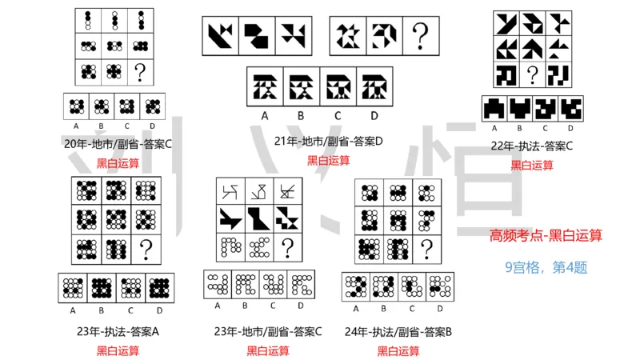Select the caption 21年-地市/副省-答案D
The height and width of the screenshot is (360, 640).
[329, 142]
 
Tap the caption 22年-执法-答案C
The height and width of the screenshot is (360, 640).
[532, 146]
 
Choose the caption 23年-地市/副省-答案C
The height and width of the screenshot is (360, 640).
[268, 331]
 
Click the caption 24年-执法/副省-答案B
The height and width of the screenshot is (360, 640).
[398, 331]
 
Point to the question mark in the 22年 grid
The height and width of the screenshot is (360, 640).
[530, 75]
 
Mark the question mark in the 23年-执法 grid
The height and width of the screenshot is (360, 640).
[146, 250]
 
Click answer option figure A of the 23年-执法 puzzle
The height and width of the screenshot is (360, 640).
[73, 287]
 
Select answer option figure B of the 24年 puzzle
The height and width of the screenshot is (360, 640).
[383, 286]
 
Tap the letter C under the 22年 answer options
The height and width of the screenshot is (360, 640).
[545, 128]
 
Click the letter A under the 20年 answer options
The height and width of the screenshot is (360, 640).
[75, 125]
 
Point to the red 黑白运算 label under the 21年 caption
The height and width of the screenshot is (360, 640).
[329, 160]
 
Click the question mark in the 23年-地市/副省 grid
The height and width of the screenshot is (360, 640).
[286, 248]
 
